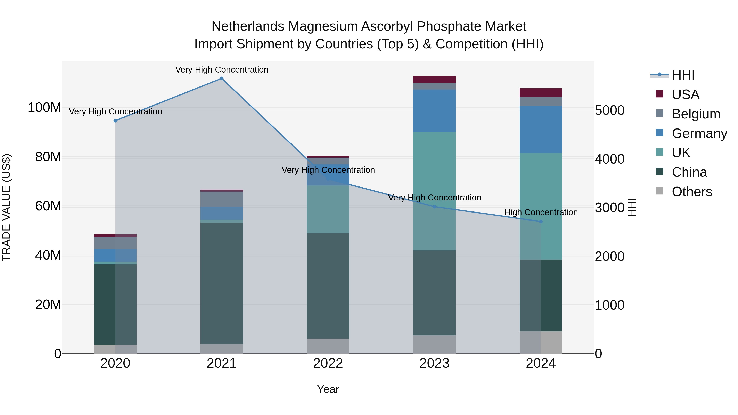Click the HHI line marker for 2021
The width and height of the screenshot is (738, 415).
pos(221,78)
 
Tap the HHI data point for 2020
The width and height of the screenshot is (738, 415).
pos(115,121)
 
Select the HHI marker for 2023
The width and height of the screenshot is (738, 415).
pos(434,207)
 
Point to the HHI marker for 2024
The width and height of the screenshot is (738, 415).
pos(541,221)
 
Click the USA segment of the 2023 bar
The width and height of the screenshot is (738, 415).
pos(434,80)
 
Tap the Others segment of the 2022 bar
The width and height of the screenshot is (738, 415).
pos(328,346)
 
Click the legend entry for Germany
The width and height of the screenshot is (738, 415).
pos(699,133)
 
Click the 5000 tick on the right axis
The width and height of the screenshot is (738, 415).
pos(609,110)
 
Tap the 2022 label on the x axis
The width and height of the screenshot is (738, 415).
pos(328,363)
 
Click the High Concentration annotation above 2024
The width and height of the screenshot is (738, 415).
pos(541,212)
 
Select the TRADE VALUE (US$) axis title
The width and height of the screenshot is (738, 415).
pos(6,207)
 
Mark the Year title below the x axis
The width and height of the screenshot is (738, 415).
pos(328,389)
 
